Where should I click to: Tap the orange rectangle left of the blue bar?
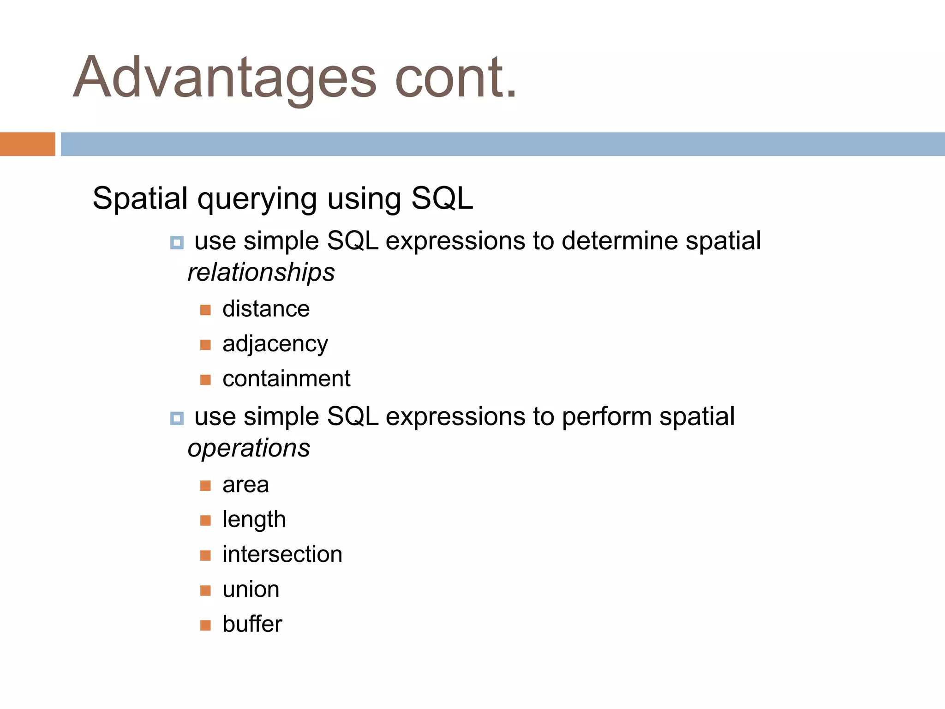(27, 144)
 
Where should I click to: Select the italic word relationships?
(261, 272)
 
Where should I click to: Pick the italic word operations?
(249, 448)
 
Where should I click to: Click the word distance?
(266, 309)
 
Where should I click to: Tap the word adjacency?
(275, 344)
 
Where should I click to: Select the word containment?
(286, 379)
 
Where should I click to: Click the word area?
(245, 485)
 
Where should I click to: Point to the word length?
(254, 520)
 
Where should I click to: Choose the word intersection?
(282, 554)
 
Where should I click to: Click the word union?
(251, 589)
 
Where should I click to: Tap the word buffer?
(252, 625)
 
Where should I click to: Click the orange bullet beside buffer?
(205, 625)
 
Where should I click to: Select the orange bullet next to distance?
(205, 310)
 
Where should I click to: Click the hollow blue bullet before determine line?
(177, 242)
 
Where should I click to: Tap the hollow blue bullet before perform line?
(177, 418)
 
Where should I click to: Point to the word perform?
(606, 417)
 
